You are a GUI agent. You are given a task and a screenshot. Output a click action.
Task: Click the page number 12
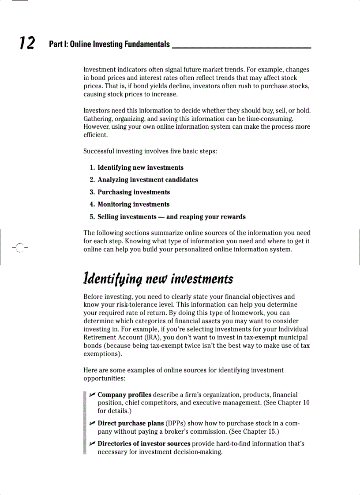27,44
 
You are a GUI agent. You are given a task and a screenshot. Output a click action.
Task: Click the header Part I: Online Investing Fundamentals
109,45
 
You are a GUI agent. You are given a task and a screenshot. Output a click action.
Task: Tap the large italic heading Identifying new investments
158,279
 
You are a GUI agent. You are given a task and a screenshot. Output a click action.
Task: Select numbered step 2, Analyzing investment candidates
147,180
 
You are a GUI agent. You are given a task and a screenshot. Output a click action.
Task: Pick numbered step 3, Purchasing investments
133,192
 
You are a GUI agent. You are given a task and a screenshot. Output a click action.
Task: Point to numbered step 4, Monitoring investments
133,205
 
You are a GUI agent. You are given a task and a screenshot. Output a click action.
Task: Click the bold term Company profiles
124,395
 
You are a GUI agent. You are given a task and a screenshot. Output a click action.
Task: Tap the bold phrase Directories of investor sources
144,443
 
